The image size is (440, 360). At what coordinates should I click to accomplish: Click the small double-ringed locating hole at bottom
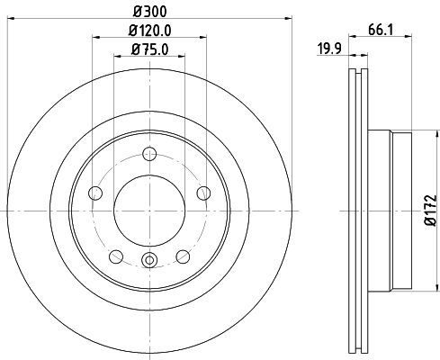click(x=149, y=262)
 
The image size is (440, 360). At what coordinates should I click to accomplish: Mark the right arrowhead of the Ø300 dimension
click(x=280, y=17)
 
